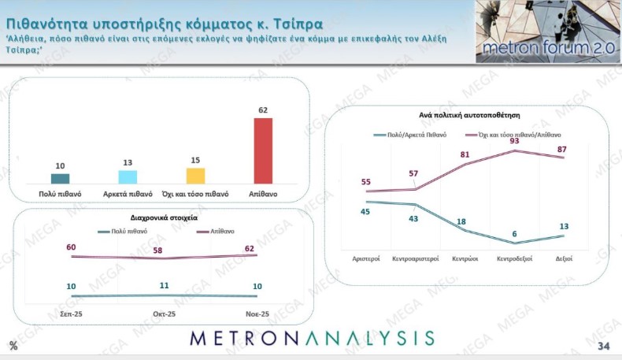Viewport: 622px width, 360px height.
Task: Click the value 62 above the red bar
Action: (x=262, y=110)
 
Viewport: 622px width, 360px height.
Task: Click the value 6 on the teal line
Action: (x=514, y=233)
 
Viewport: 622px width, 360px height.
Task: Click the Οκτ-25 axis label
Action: (x=164, y=314)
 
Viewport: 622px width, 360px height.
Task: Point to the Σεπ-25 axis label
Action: (x=71, y=314)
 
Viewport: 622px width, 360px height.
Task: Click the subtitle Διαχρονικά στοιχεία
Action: (x=164, y=216)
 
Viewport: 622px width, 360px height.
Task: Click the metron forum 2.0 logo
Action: (x=547, y=32)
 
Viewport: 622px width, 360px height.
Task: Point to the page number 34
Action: (x=604, y=347)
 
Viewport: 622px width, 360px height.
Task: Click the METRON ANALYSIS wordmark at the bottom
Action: (x=312, y=339)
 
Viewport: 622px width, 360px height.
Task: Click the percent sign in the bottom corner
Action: (x=13, y=346)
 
